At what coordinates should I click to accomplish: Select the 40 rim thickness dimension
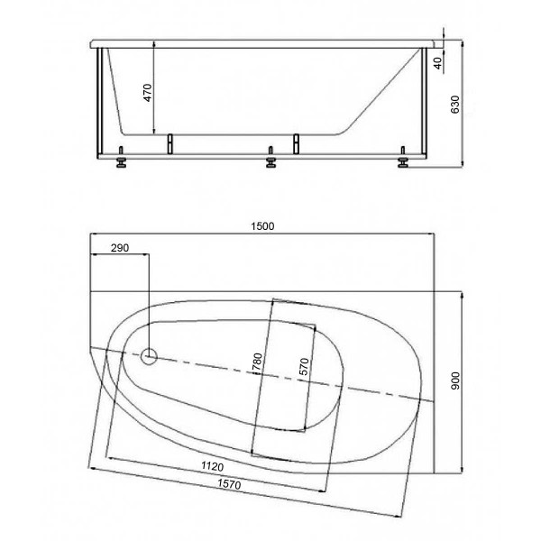tap(437, 63)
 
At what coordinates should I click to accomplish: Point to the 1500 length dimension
tap(262, 226)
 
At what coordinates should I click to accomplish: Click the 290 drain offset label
tap(121, 247)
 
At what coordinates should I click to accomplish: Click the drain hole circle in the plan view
tap(150, 357)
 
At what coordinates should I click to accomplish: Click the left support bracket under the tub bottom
tap(169, 142)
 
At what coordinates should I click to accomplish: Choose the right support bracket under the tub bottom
tap(294, 142)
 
